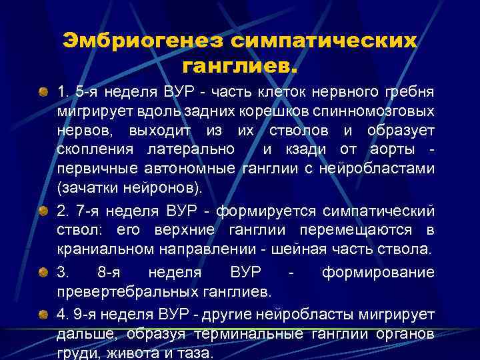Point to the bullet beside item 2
point(43,211)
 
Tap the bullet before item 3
point(43,273)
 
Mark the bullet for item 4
point(43,314)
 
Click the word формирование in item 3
point(379,273)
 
